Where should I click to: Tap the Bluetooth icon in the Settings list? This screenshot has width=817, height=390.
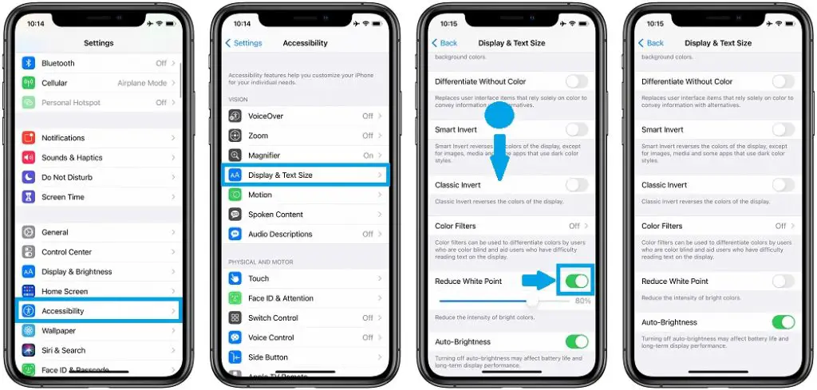[x=29, y=63]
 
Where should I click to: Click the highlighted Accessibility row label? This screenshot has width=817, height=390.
[x=63, y=311]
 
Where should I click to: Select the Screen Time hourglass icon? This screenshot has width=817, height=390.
[x=29, y=197]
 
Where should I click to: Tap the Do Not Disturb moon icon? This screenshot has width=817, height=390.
[x=29, y=177]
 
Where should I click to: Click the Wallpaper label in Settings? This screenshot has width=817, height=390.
[x=59, y=331]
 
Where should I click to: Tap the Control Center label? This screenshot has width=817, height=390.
[x=66, y=252]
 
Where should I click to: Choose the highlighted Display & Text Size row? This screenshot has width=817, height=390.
[x=305, y=175]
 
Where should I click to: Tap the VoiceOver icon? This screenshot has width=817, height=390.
[x=235, y=116]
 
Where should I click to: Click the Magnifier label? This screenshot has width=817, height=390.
[x=264, y=156]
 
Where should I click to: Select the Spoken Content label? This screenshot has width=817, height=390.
[x=275, y=215]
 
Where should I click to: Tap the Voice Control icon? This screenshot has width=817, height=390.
[x=235, y=337]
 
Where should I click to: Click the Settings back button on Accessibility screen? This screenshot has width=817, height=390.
[x=244, y=43]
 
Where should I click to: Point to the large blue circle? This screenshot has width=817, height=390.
[x=499, y=115]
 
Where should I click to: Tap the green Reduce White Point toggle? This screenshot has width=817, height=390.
[x=577, y=281]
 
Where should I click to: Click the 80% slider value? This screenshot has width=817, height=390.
[x=582, y=301]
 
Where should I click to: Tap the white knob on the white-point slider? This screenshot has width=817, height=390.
[x=532, y=301]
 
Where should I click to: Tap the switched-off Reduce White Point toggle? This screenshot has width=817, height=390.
[x=783, y=281]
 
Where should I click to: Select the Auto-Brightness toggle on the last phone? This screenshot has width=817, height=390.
[x=783, y=322]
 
